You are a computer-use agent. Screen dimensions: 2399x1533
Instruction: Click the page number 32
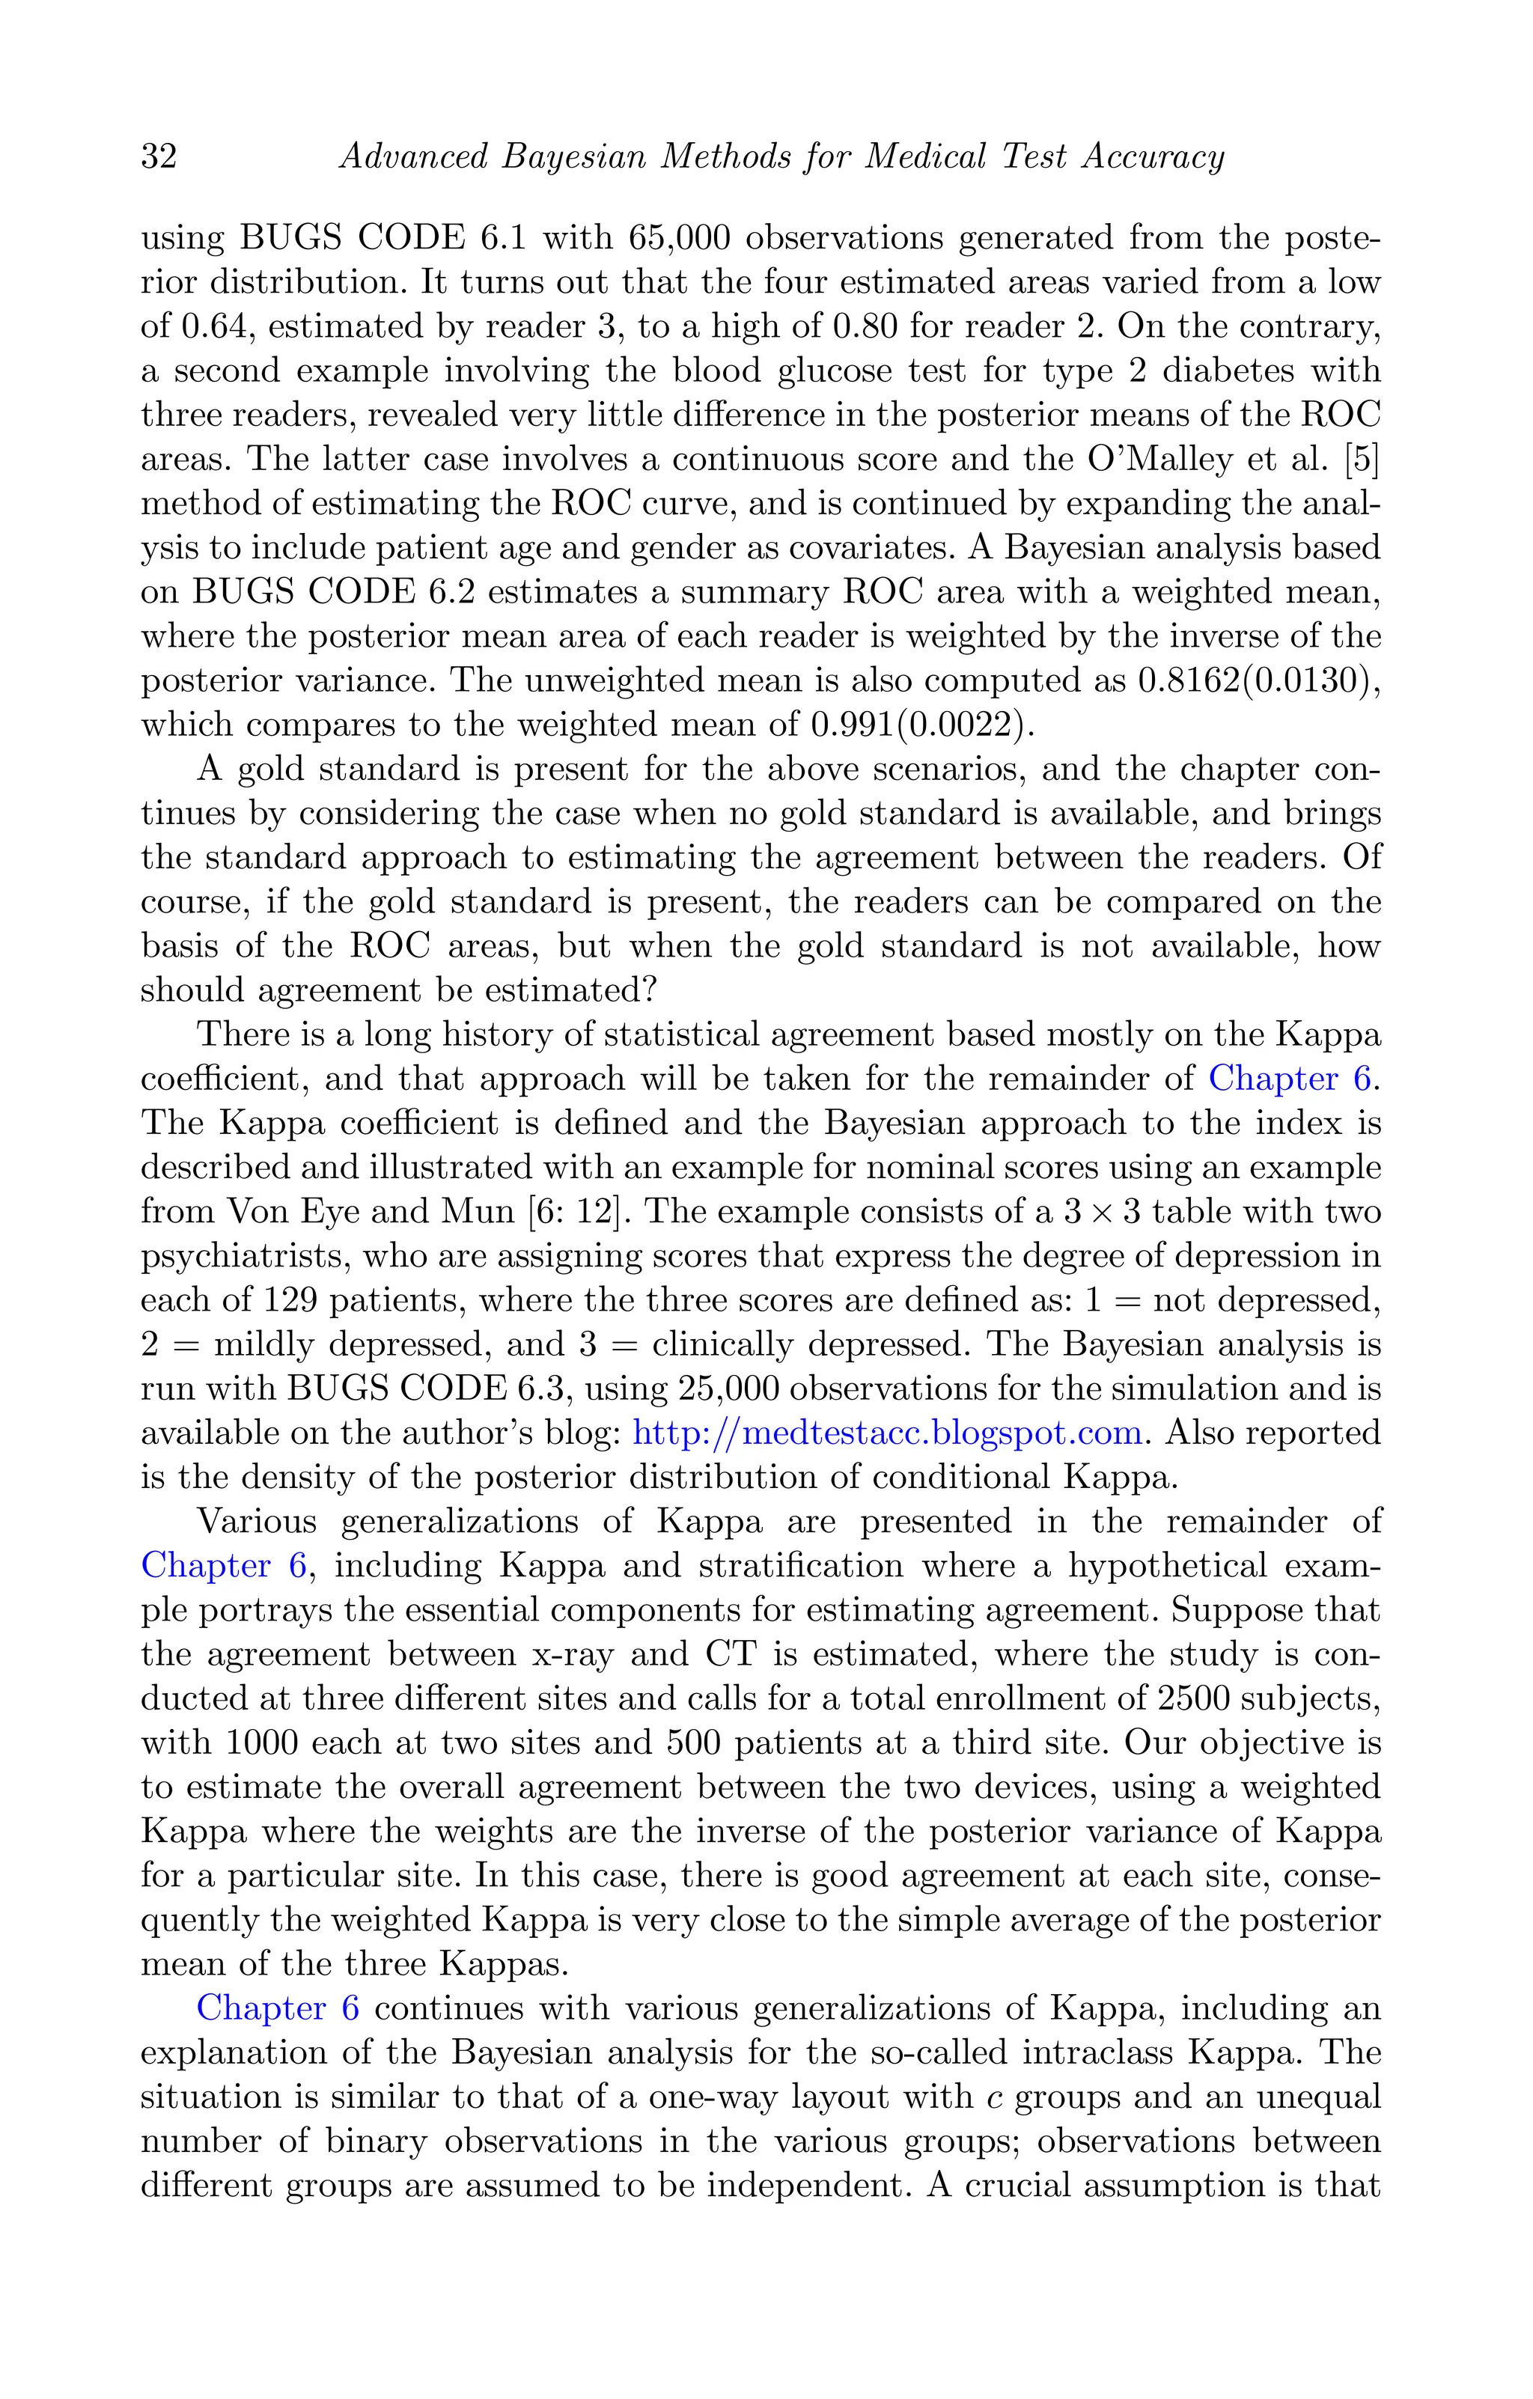159,157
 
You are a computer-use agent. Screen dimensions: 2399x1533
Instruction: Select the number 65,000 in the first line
680,238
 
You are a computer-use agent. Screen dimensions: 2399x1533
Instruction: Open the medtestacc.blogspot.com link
886,1433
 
